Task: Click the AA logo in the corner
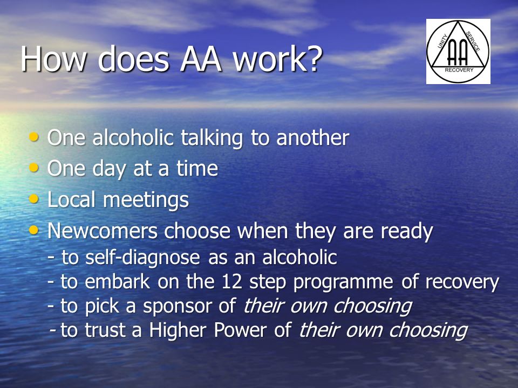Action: [x=458, y=51]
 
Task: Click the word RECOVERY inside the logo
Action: [x=459, y=70]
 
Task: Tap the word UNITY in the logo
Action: [x=442, y=41]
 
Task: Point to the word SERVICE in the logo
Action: [x=473, y=41]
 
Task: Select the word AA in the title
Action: [x=201, y=59]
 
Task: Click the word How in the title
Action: [x=54, y=59]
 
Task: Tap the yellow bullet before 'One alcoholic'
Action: [x=33, y=136]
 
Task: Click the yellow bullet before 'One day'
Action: [x=33, y=168]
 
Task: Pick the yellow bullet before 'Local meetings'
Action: [x=33, y=199]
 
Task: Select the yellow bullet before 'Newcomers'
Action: [x=33, y=230]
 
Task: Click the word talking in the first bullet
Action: [x=212, y=138]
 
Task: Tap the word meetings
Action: [x=146, y=200]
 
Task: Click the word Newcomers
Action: [x=103, y=231]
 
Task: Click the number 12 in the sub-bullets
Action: [x=232, y=282]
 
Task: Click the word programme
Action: [x=343, y=283]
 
